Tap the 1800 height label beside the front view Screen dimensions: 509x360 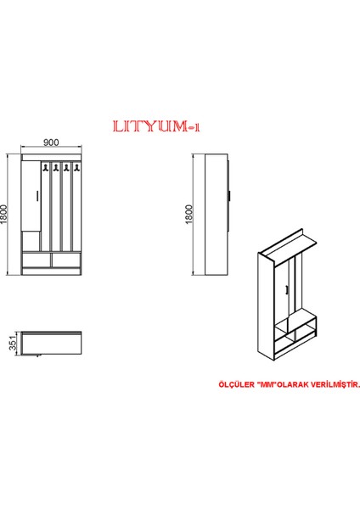pos(7,214)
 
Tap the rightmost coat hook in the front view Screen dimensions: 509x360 pos(76,170)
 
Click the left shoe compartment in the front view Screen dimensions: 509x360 pos(37,260)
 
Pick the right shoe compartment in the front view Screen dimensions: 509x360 pos(65,260)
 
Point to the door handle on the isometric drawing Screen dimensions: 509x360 pos(289,291)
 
